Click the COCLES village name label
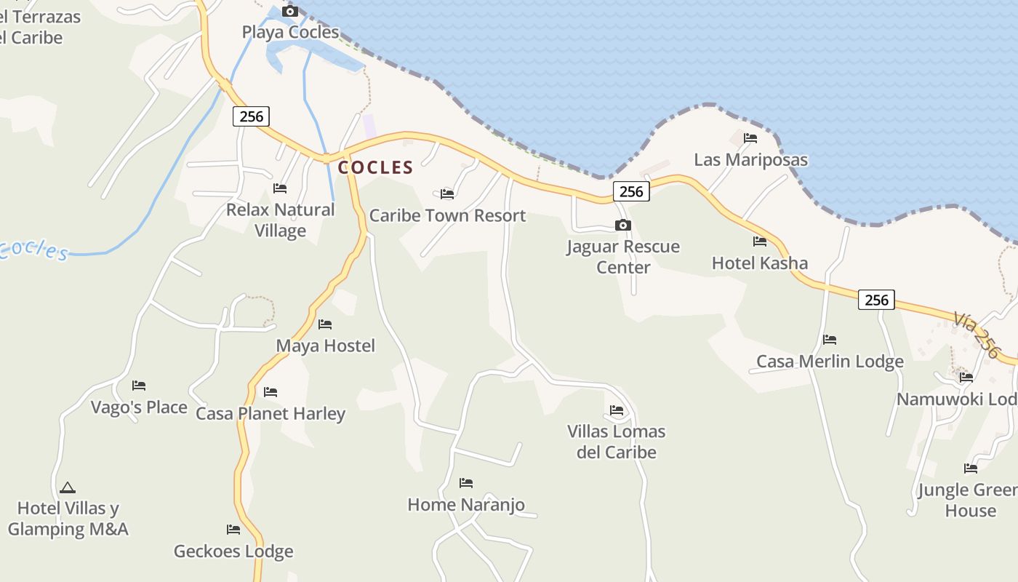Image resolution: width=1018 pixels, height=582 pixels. coord(375,167)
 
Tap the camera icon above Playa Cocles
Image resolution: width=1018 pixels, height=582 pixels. coord(289,11)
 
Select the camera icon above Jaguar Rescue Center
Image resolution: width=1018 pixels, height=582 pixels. coord(622,226)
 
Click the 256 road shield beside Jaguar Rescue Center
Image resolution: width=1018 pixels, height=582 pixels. coord(631,191)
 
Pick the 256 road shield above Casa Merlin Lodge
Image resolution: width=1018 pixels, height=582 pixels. coord(876,300)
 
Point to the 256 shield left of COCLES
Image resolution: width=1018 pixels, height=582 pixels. coord(251,116)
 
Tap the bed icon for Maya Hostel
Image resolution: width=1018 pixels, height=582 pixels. coord(325,324)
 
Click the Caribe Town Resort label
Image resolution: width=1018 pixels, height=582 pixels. coord(447,216)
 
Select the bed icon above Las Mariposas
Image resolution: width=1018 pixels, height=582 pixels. coord(750,138)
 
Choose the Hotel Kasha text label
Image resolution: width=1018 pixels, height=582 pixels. coord(760,263)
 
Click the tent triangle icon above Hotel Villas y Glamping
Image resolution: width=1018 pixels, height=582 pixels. coord(68,487)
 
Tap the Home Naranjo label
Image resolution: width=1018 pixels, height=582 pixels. coord(466,505)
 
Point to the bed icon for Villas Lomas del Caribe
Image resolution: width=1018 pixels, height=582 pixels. coord(617,410)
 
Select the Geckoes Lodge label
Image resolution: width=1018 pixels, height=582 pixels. coord(233,551)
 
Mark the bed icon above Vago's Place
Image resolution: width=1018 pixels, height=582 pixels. coord(139,386)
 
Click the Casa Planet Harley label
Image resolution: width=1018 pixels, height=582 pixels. coord(270,414)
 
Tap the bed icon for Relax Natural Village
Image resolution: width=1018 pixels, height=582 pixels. coord(280,188)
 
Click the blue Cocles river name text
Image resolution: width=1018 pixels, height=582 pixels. coord(35,249)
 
